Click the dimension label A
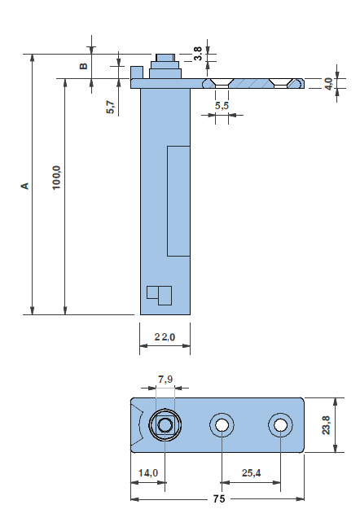[x=25, y=186]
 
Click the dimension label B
[x=84, y=66]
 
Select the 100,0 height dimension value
[x=57, y=178]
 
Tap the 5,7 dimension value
[x=111, y=108]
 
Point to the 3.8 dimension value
[x=198, y=53]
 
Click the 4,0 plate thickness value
[x=328, y=84]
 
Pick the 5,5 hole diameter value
[x=222, y=106]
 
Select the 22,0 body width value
[x=165, y=337]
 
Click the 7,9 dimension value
[x=165, y=380]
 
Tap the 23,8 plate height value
[x=326, y=425]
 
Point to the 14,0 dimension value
[x=148, y=473]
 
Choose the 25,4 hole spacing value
[x=251, y=473]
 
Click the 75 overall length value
[x=218, y=498]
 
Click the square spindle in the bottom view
[x=165, y=425]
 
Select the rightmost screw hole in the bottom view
[x=280, y=425]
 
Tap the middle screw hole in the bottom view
[x=222, y=425]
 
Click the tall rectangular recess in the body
[x=178, y=201]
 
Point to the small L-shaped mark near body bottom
[x=159, y=296]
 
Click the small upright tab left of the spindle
[x=137, y=72]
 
